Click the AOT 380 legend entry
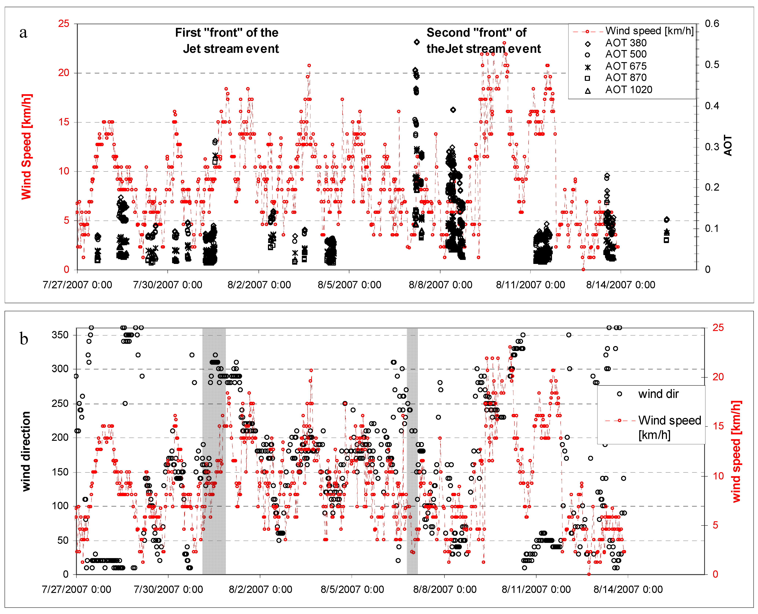tap(625, 43)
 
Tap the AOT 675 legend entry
tap(625, 67)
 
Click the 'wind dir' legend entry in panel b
tap(658, 394)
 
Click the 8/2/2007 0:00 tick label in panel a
tap(259, 285)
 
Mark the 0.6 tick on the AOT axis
tap(712, 24)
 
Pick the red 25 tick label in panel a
tap(64, 24)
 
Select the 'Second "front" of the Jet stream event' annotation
tap(483, 41)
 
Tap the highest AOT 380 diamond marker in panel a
tap(417, 42)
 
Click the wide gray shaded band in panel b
tap(214, 451)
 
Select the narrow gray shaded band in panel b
tap(412, 451)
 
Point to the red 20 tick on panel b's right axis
tap(718, 377)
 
